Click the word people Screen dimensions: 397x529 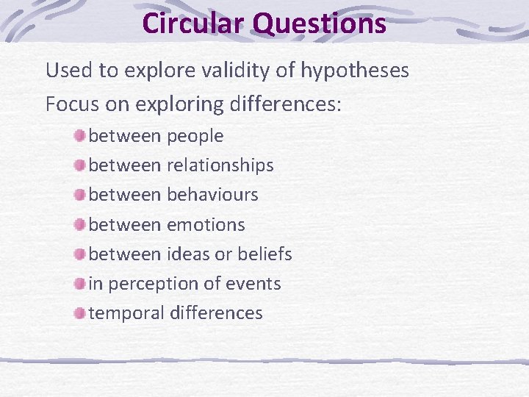click(x=195, y=137)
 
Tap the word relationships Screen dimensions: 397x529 click(x=220, y=165)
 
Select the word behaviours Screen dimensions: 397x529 click(x=213, y=195)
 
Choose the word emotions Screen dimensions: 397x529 click(x=206, y=224)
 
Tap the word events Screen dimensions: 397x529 click(x=254, y=283)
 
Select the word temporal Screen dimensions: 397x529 click(x=126, y=313)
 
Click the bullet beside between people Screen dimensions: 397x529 click(x=79, y=135)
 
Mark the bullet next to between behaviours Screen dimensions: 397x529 click(x=79, y=194)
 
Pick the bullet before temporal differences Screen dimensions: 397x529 click(x=79, y=312)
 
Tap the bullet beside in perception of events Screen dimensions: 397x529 click(x=79, y=283)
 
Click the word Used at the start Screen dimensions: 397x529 click(x=68, y=71)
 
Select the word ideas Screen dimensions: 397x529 click(x=190, y=254)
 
